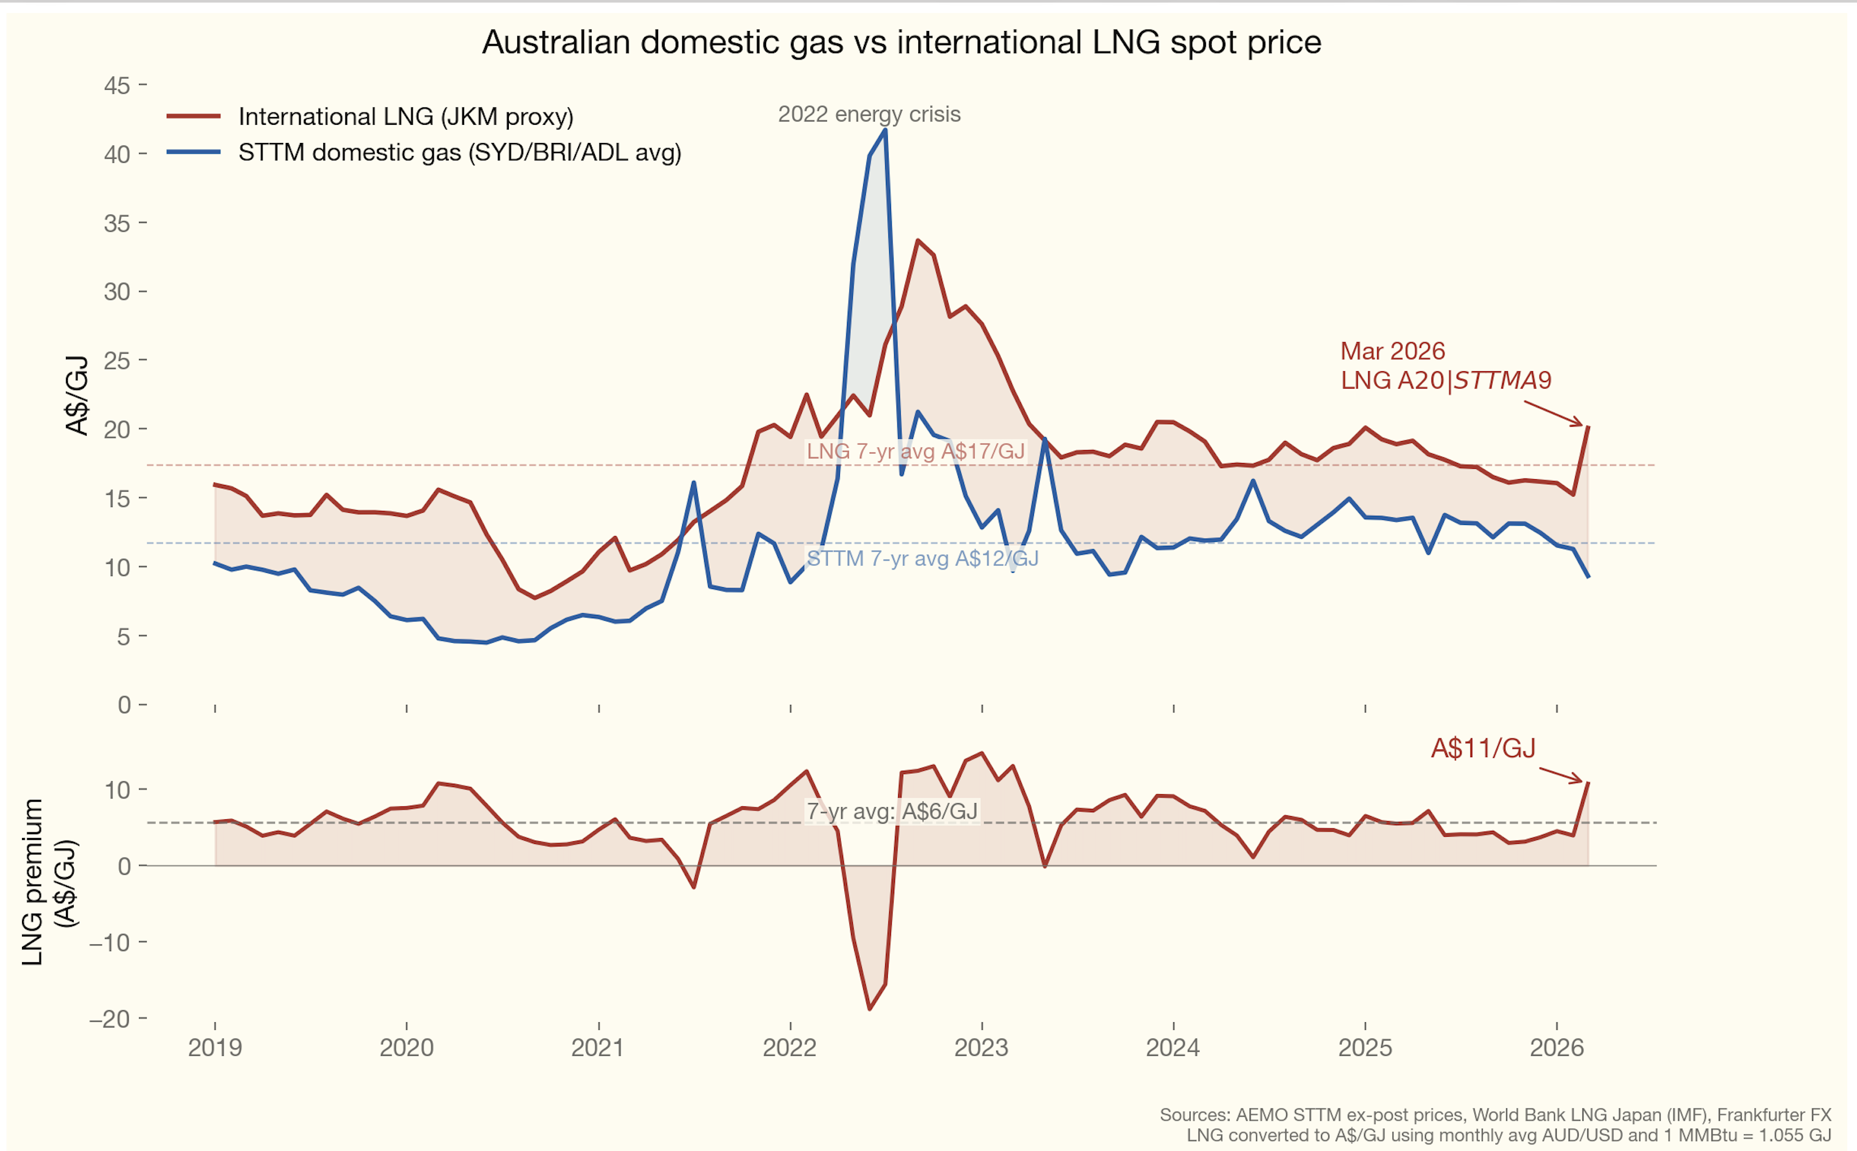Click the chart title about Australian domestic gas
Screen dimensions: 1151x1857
tap(901, 43)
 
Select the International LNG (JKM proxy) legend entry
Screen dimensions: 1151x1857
tap(405, 116)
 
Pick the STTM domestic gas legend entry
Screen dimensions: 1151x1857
tap(459, 152)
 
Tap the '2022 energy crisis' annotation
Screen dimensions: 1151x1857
tap(868, 114)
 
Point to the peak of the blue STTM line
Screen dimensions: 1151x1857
tap(885, 130)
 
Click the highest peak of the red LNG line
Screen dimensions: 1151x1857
tap(918, 241)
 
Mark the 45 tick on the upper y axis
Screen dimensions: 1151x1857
tap(117, 85)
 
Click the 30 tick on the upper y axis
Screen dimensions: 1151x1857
tap(117, 292)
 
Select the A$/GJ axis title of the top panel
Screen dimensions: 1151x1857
tap(78, 395)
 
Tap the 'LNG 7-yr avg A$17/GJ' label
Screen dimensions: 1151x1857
tap(915, 451)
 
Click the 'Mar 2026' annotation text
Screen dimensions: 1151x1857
tap(1392, 351)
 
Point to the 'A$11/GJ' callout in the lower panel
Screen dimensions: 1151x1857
tap(1483, 748)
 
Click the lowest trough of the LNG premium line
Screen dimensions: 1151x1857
tap(869, 1009)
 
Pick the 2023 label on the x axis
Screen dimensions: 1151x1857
tap(981, 1048)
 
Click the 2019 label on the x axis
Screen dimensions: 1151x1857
tap(215, 1048)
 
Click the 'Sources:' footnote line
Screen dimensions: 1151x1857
tap(1495, 1115)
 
